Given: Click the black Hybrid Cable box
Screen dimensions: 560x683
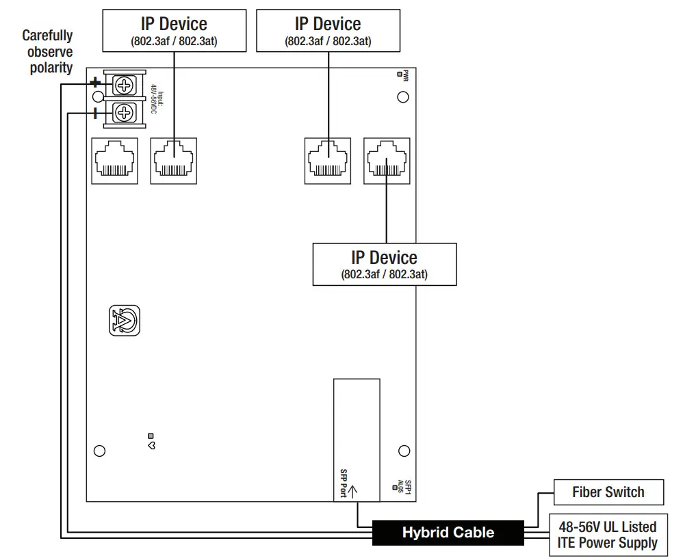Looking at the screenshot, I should tap(448, 533).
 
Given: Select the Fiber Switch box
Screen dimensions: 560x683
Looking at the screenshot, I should tap(608, 492).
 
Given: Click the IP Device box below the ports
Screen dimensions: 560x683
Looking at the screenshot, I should tap(384, 265).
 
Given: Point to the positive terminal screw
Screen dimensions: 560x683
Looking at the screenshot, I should tap(124, 86).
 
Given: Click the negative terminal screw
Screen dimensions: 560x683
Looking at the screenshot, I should tap(124, 111).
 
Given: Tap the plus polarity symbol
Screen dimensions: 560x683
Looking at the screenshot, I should tap(96, 83).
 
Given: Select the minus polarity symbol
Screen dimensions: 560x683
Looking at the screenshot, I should tap(95, 111).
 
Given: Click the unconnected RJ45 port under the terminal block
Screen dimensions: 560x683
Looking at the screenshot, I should tap(114, 161).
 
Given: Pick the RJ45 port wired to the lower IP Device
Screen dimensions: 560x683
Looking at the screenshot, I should tap(387, 161).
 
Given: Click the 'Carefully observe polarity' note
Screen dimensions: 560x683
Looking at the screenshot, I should tap(47, 51).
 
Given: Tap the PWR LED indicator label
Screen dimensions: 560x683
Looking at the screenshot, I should tap(405, 76).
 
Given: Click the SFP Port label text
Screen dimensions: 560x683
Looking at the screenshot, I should tap(344, 483).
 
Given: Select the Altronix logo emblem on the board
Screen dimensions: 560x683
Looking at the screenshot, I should tap(125, 320).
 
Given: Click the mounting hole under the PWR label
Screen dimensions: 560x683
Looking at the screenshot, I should tap(403, 97).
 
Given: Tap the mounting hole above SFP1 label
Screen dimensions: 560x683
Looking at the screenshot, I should tap(404, 451).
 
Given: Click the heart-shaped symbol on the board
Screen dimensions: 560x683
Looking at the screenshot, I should tap(151, 445).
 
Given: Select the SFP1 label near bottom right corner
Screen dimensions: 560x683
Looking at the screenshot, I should tap(407, 486).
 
